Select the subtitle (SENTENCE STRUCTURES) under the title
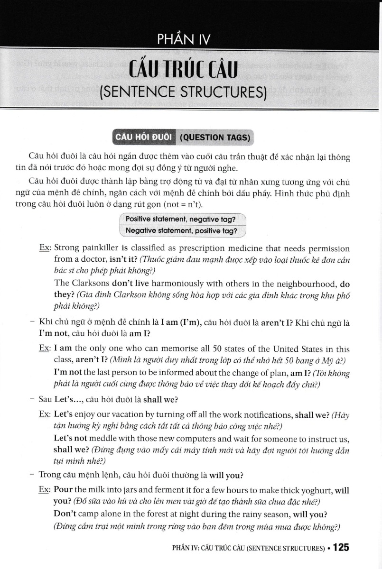(x=183, y=92)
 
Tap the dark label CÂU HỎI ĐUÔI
(x=143, y=138)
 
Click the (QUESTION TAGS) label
(x=215, y=138)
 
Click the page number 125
(x=341, y=548)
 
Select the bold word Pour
(x=64, y=490)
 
